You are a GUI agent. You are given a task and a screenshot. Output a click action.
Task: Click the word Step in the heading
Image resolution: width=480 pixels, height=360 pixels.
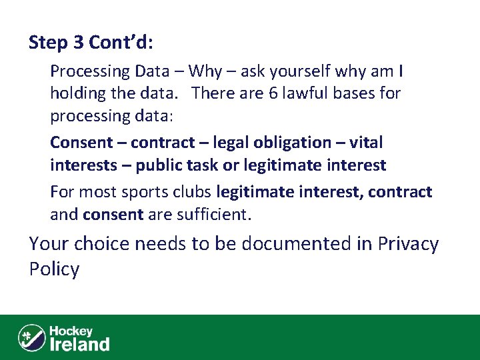point(47,43)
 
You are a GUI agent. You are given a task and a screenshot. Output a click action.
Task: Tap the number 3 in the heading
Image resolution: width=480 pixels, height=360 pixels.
point(79,43)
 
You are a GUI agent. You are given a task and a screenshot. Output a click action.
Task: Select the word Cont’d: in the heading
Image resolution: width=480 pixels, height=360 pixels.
point(121,43)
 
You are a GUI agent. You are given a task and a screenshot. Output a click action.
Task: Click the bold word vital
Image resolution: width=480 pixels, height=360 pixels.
point(367,143)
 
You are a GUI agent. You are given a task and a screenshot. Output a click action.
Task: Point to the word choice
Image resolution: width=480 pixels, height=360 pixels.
point(101,244)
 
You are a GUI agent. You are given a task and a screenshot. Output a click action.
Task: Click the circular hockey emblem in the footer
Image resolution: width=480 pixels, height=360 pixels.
point(31,337)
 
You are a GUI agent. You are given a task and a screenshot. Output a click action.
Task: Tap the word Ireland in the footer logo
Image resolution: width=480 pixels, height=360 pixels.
point(80,344)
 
